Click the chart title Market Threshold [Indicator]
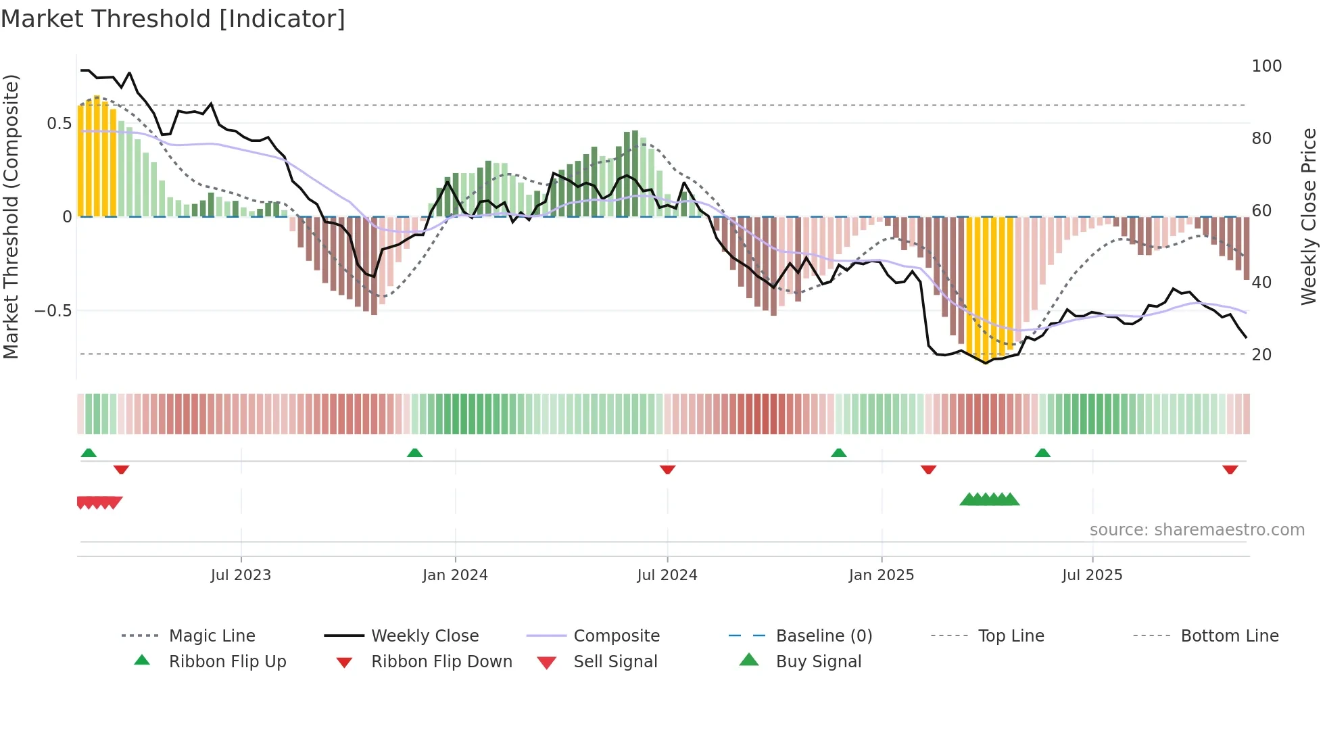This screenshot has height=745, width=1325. pos(173,19)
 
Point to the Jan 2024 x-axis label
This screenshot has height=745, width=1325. pos(455,575)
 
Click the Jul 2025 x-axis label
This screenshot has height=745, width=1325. pos(1092,575)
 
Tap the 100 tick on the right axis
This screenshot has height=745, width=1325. pos(1266,66)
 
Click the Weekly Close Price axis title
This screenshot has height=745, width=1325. pos(1309,216)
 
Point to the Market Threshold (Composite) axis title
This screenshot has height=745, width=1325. pos(11,216)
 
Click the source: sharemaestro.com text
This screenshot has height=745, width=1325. pos(1197,530)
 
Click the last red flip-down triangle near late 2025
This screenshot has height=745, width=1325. pos(1230,469)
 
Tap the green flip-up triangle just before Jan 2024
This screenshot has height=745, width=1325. pos(414,453)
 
